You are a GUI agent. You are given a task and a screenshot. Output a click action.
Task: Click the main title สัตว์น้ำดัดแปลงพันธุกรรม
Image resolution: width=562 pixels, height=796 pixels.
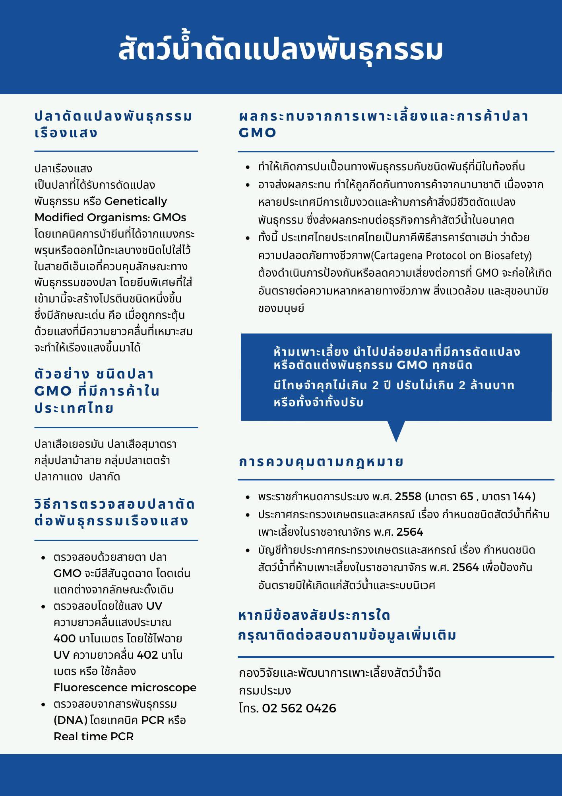[281, 50]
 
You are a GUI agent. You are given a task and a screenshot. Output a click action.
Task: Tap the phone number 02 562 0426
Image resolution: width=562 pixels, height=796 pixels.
[299, 708]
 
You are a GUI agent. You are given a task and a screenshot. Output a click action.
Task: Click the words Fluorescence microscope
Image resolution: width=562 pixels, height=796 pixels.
[125, 687]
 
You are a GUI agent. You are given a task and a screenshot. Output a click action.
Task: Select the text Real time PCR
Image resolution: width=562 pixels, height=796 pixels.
[93, 736]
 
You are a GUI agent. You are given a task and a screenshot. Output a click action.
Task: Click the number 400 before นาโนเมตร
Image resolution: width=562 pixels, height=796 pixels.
[64, 638]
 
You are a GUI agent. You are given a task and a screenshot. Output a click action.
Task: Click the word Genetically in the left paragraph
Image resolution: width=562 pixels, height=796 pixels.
[136, 201]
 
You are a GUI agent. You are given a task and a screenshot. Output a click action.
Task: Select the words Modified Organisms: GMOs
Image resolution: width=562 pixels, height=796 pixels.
[110, 217]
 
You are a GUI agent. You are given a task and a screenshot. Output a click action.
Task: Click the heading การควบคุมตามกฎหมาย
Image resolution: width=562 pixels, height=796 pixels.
[321, 462]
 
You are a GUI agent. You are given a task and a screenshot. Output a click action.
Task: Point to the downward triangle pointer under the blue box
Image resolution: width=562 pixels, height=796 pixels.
[396, 430]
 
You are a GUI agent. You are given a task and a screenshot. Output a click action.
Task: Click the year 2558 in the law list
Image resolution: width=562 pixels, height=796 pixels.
[408, 496]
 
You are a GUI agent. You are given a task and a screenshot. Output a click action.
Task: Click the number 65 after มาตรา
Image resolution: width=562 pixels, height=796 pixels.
[467, 496]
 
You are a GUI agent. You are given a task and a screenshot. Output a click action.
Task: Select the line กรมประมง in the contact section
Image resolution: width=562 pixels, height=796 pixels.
[265, 691]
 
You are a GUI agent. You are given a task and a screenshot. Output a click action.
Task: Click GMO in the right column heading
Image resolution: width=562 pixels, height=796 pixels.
[257, 133]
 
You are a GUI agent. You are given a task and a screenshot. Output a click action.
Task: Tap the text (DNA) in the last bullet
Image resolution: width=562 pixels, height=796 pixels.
[70, 720]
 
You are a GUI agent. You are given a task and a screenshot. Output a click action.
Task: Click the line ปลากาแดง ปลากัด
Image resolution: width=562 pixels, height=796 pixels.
[77, 476]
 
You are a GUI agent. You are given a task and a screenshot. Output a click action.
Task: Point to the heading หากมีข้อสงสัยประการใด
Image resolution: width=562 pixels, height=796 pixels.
[314, 615]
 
